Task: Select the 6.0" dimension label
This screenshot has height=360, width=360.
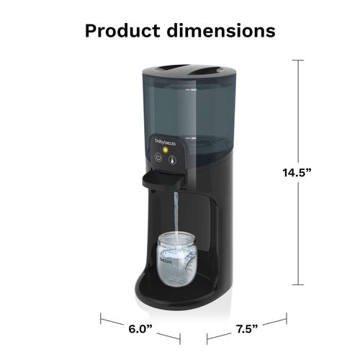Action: pos(140,330)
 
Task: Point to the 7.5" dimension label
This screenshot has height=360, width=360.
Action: pos(246,330)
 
